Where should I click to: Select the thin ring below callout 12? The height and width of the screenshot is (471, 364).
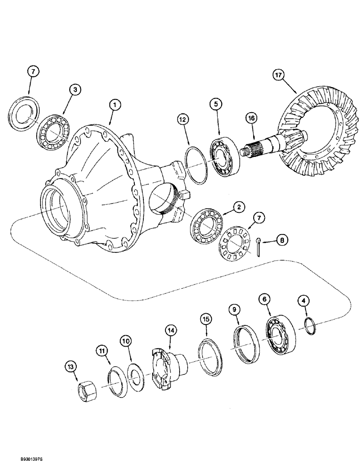click(x=196, y=165)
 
